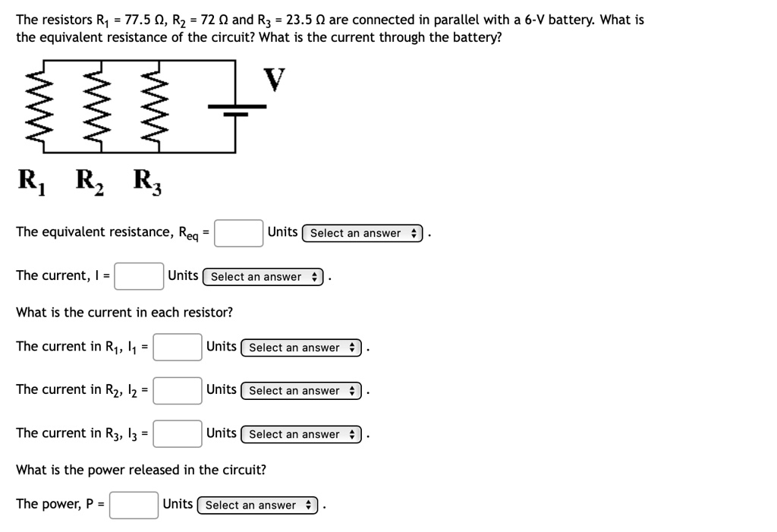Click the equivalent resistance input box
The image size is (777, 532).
click(x=238, y=233)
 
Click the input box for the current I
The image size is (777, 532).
click(x=139, y=276)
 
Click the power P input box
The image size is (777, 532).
click(x=134, y=505)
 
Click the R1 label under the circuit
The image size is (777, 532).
click(x=31, y=181)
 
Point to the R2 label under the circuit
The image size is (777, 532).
click(x=90, y=181)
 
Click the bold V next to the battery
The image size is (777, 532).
click(x=275, y=79)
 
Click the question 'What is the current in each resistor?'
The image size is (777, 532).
click(x=124, y=312)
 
